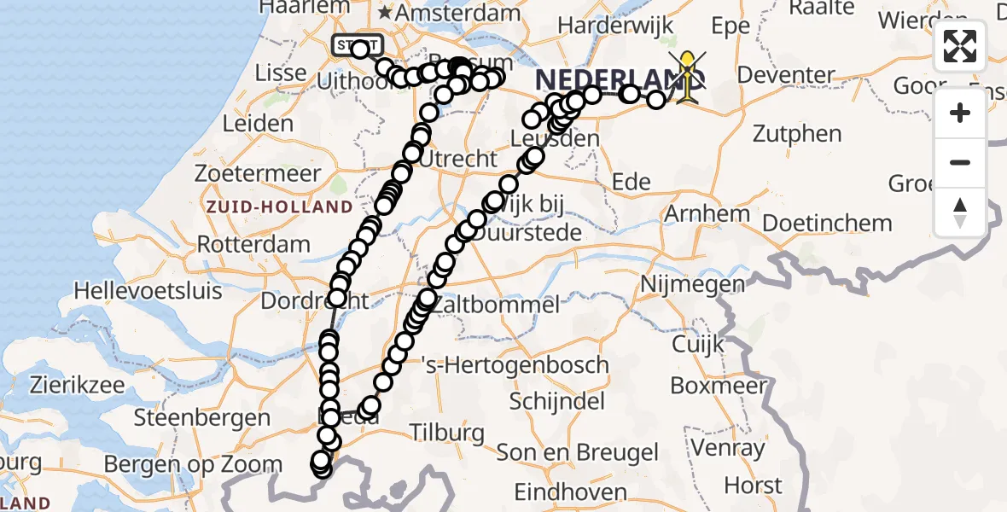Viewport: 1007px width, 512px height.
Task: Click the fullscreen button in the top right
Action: pyautogui.click(x=960, y=46)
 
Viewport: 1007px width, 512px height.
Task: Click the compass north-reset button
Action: pyautogui.click(x=960, y=212)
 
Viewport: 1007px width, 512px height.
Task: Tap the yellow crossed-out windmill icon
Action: pyautogui.click(x=687, y=75)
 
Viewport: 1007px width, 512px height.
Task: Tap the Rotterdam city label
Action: pyautogui.click(x=254, y=244)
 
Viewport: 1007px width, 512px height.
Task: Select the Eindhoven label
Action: pyautogui.click(x=570, y=492)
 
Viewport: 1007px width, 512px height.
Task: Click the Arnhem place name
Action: pyautogui.click(x=707, y=212)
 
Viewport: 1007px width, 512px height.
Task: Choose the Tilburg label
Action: pyautogui.click(x=446, y=433)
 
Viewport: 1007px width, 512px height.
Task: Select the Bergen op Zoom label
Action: pyautogui.click(x=193, y=465)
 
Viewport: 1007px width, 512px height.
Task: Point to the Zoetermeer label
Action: pyautogui.click(x=258, y=173)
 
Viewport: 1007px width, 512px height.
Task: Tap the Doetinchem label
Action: pyautogui.click(x=827, y=224)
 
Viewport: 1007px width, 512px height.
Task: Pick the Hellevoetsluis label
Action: pyautogui.click(x=148, y=290)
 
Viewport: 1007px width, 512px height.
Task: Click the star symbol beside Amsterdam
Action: pyautogui.click(x=386, y=13)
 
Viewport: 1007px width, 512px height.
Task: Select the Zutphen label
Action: pyautogui.click(x=798, y=134)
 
